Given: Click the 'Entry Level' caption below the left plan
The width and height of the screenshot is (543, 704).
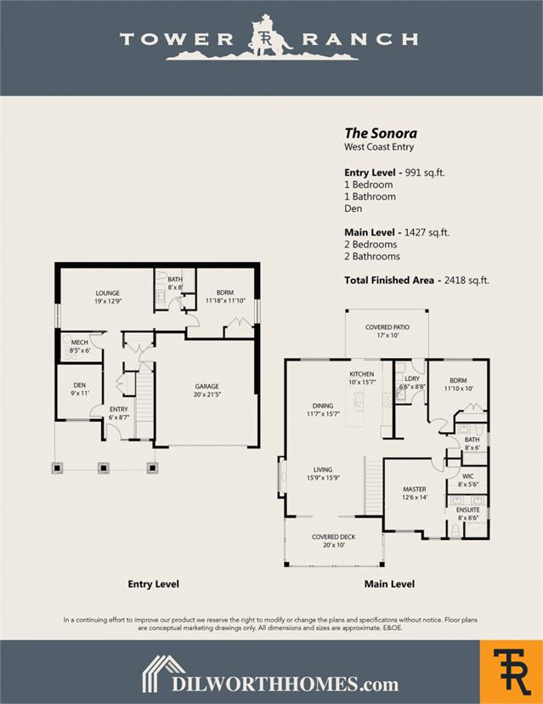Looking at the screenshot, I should coord(153,584).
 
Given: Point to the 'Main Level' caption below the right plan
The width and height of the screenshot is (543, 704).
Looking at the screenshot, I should coord(389,584).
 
